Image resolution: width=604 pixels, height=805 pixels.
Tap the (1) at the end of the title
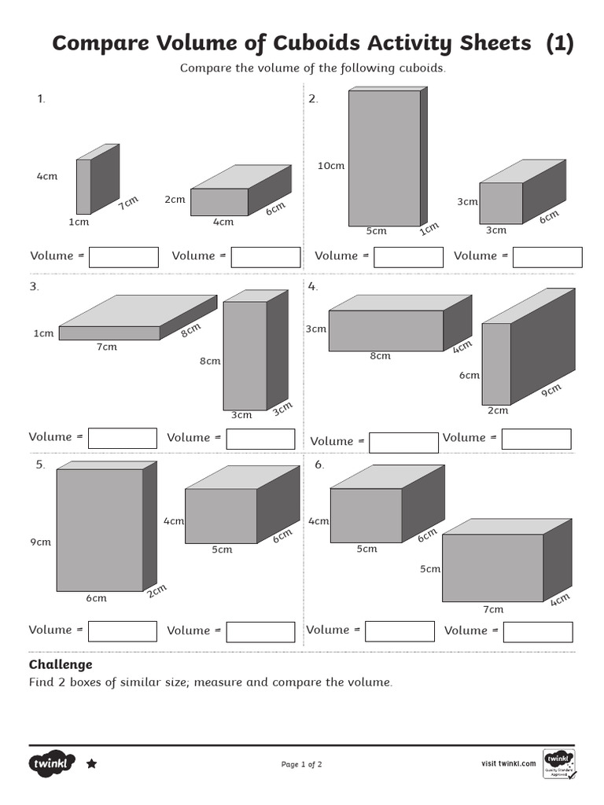[559, 43]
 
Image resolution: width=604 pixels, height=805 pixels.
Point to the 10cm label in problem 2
[330, 166]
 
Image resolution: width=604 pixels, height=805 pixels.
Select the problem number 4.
[312, 287]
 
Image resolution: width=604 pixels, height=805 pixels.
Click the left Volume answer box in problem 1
[123, 257]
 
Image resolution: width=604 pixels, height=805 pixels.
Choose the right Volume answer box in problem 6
[537, 631]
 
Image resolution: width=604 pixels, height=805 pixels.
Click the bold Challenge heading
[61, 664]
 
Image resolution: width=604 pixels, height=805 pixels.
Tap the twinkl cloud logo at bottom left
[53, 763]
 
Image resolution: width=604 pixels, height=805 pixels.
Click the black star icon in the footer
[91, 763]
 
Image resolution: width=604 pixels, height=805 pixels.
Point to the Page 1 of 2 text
[301, 764]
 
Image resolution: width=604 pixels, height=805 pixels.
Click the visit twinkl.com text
[508, 763]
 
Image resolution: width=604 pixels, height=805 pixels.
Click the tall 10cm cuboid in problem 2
[384, 157]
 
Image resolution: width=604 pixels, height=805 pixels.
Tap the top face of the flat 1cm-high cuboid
[138, 311]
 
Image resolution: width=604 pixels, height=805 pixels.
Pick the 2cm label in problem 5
[157, 590]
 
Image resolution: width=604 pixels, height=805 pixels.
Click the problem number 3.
[34, 287]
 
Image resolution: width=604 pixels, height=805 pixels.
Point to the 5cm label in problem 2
[377, 231]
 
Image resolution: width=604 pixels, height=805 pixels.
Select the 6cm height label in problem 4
[470, 375]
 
